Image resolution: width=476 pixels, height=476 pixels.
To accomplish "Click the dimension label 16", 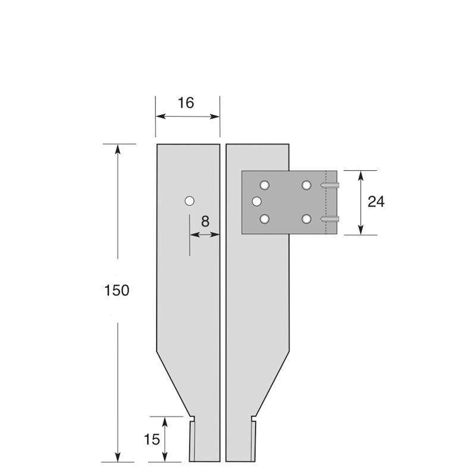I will [x=186, y=103].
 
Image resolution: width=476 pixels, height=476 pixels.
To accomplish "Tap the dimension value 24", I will [x=376, y=202].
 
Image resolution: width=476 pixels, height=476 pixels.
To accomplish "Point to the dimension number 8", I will [x=205, y=221].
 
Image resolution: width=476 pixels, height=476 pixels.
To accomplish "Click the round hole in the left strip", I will [x=189, y=201].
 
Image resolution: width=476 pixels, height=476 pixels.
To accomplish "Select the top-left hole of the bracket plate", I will [x=265, y=185].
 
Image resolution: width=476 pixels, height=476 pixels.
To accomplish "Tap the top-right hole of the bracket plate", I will [x=306, y=185].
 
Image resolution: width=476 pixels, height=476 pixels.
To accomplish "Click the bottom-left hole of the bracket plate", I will [x=265, y=220].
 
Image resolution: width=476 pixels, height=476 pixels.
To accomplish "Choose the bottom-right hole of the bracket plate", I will [x=306, y=220].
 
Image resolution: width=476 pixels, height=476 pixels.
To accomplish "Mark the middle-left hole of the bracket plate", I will [x=257, y=202].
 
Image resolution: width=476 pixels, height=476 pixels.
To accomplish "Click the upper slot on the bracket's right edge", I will [x=330, y=186].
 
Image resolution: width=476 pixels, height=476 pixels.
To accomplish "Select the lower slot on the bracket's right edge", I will [x=330, y=220].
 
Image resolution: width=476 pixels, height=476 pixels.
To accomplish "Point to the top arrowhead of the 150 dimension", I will [x=118, y=149].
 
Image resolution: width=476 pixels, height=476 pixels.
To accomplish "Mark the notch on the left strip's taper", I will [x=192, y=418].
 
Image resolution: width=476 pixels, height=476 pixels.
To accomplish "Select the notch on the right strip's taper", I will [x=254, y=418].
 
